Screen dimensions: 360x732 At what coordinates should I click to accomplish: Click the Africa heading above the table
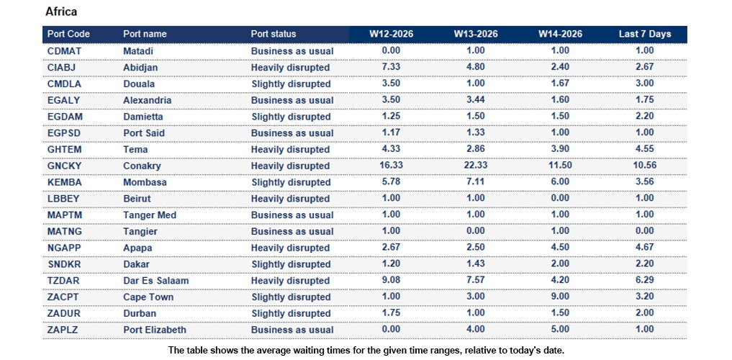click(x=61, y=12)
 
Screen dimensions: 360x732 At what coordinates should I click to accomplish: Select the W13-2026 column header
click(x=475, y=34)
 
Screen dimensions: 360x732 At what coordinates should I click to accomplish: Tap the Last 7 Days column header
click(x=644, y=34)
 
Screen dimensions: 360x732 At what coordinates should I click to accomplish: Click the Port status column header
click(x=274, y=34)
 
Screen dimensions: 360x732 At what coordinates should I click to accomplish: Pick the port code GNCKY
click(x=65, y=166)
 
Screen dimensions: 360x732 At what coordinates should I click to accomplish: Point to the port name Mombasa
click(x=145, y=182)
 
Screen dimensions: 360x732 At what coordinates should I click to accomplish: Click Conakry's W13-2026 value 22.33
click(x=475, y=166)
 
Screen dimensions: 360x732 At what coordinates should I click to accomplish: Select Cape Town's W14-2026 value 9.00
click(x=560, y=297)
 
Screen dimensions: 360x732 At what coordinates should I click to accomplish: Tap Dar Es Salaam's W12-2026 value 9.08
click(x=391, y=281)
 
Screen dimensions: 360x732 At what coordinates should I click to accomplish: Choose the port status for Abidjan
click(x=290, y=68)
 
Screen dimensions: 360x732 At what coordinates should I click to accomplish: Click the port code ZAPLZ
click(x=64, y=330)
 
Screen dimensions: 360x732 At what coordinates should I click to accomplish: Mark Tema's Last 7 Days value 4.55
click(x=644, y=150)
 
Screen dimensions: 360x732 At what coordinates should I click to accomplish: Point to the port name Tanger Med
click(x=150, y=215)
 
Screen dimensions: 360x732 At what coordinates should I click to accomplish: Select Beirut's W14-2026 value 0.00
click(x=560, y=199)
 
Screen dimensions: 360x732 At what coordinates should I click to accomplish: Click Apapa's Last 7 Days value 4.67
click(x=644, y=248)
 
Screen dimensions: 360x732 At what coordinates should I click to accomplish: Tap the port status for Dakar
click(x=290, y=264)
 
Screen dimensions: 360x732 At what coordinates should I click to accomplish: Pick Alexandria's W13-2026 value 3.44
click(x=475, y=100)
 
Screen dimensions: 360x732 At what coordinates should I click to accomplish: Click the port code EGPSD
click(x=65, y=133)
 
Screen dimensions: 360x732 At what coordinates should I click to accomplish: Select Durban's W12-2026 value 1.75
click(x=391, y=313)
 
